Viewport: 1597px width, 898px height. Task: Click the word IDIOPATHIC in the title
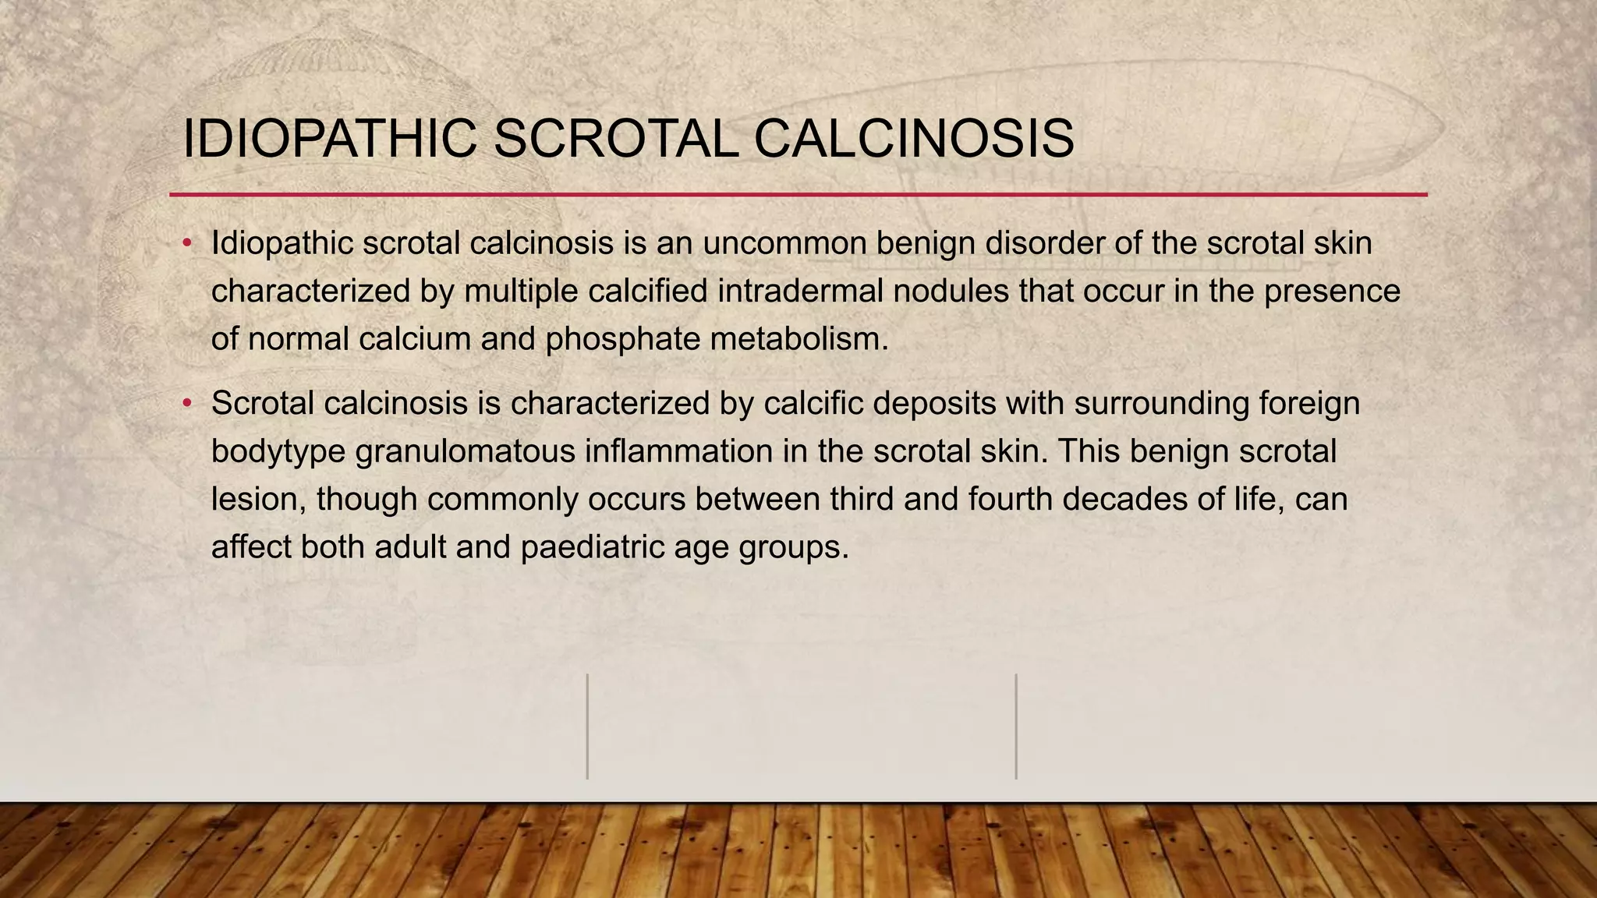pyautogui.click(x=329, y=139)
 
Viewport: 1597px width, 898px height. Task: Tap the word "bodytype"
pyautogui.click(x=278, y=451)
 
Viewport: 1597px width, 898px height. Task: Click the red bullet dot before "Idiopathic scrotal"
pyautogui.click(x=187, y=244)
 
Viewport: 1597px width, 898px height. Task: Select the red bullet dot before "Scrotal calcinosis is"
pyautogui.click(x=187, y=404)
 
